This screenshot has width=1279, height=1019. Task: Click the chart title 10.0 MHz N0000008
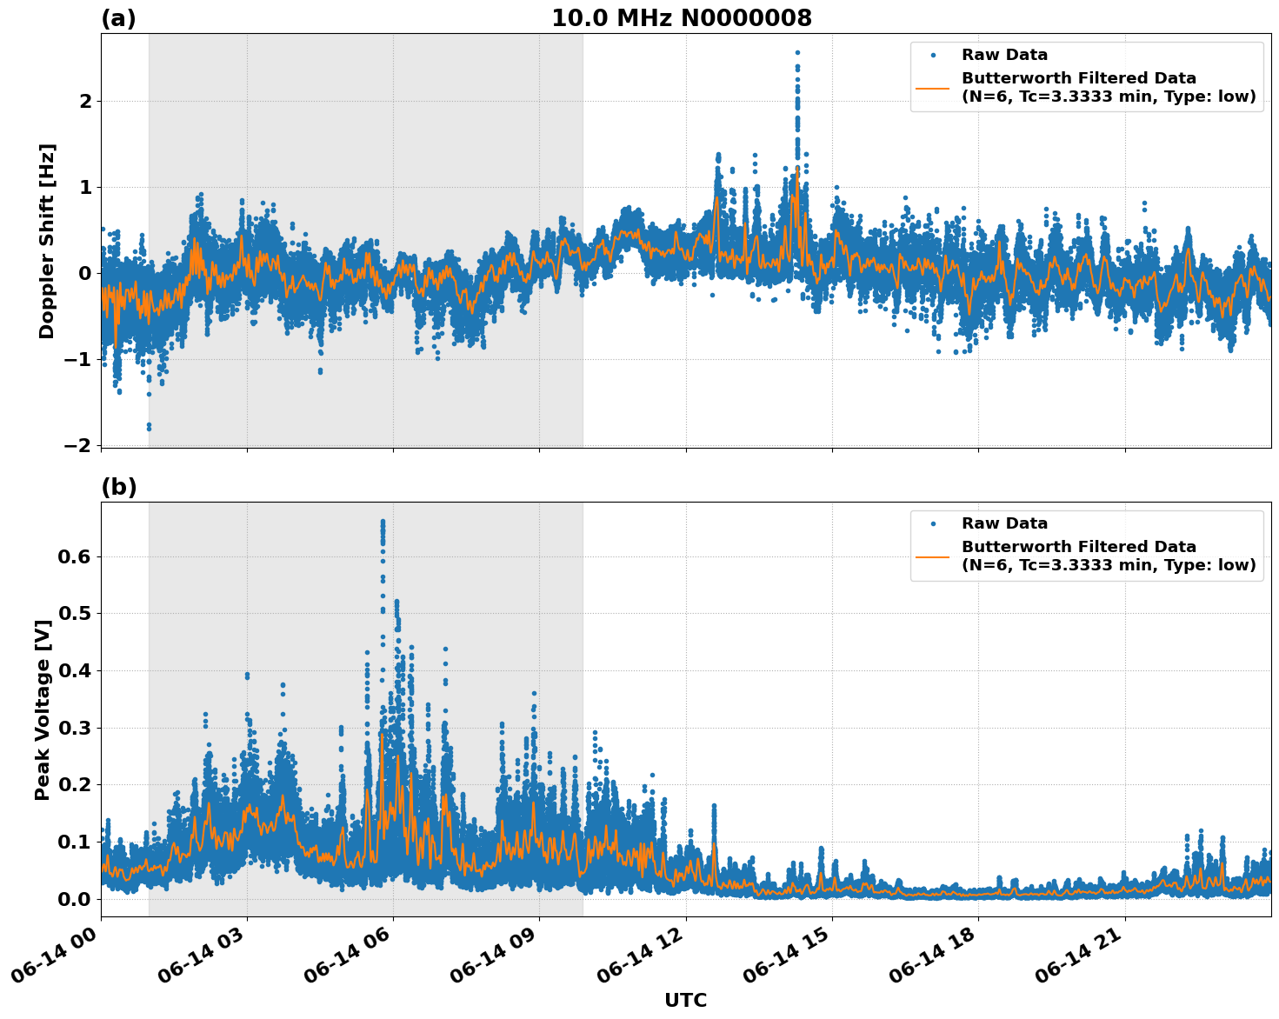tap(681, 18)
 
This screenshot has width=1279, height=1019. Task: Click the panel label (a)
tap(118, 18)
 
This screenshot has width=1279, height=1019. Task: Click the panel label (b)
tap(118, 487)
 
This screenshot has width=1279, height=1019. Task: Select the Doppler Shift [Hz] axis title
tap(47, 241)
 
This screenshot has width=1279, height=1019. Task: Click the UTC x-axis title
tap(685, 1000)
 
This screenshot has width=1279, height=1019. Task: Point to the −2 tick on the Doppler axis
tap(78, 445)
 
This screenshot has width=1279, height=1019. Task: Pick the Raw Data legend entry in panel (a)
tap(1004, 55)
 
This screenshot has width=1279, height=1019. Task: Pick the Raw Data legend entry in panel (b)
tap(1004, 523)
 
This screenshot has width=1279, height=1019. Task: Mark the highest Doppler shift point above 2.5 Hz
tap(797, 52)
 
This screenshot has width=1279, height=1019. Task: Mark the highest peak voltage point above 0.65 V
tap(383, 522)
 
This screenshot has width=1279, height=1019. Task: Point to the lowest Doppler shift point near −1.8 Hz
tap(149, 427)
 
